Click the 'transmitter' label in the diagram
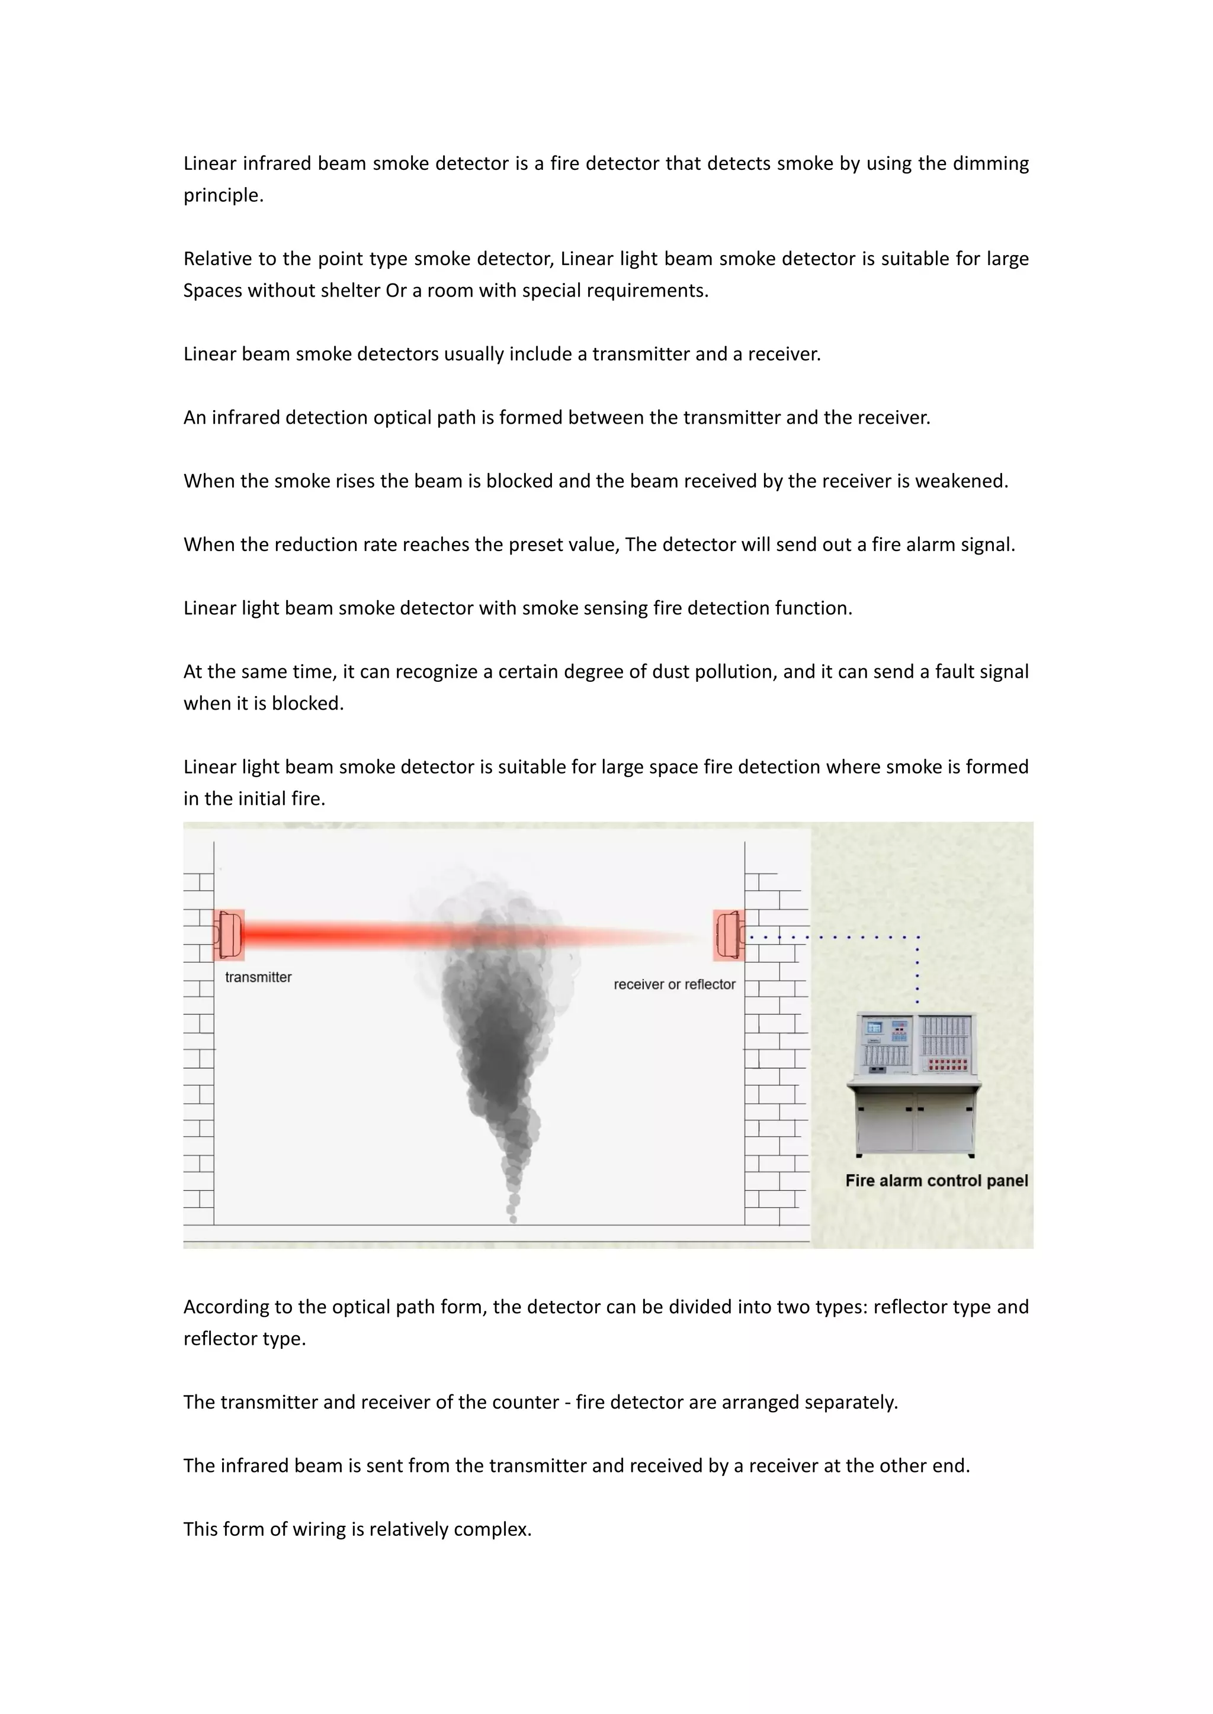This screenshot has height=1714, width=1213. (258, 977)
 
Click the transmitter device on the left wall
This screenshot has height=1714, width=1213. (229, 935)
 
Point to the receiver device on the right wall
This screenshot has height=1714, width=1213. (729, 935)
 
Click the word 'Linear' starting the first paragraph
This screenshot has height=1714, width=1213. (210, 163)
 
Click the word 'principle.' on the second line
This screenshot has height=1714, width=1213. (223, 195)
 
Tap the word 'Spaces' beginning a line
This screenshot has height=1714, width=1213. (212, 291)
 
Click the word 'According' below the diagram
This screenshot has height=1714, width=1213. (226, 1307)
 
